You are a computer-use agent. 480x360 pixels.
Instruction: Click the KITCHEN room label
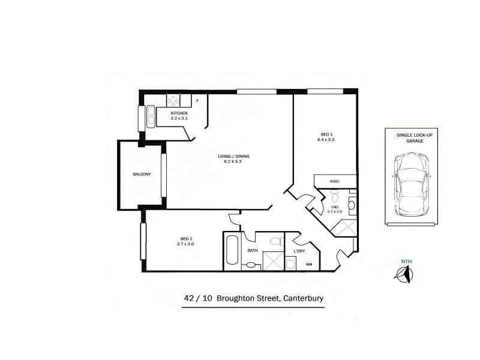(x=179, y=113)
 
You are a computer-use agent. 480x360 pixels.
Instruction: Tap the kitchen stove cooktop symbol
(x=174, y=100)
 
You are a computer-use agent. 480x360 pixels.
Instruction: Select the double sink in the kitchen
(x=148, y=117)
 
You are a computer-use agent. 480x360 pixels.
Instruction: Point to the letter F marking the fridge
(x=197, y=101)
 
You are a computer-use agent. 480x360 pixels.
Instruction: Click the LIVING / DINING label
(x=233, y=157)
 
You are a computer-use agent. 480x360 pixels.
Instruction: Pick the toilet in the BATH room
(x=276, y=242)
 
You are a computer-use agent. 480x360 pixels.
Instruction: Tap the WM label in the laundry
(x=310, y=264)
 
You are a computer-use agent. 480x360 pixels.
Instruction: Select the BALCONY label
(x=142, y=175)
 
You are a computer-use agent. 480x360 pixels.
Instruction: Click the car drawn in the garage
(x=411, y=184)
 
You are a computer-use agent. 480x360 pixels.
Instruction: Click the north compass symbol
(x=403, y=274)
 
